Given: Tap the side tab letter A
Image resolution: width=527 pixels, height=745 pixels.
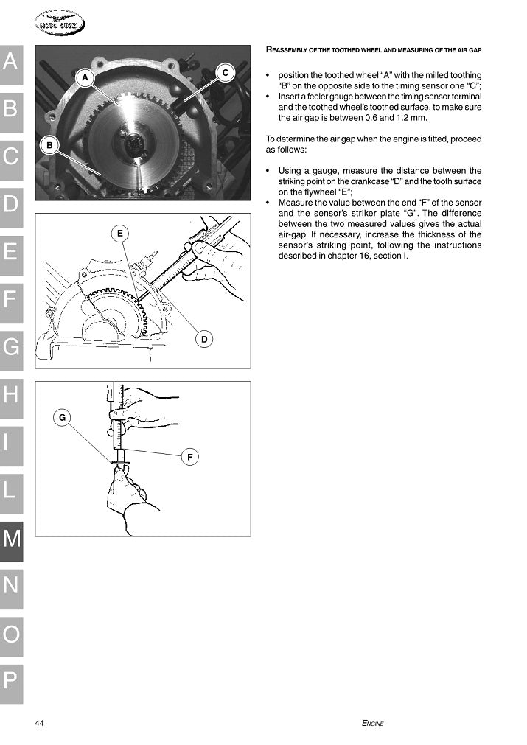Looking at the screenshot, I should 11,62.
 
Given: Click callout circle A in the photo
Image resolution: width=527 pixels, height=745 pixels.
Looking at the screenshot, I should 85,77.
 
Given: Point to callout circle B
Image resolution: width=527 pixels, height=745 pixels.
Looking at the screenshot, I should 49,145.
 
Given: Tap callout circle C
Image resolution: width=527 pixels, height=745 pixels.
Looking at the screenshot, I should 226,72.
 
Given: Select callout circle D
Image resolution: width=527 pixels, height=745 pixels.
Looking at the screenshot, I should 205,338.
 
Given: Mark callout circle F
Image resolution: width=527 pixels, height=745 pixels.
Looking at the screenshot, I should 190,458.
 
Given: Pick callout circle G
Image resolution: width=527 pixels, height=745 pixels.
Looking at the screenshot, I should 63,418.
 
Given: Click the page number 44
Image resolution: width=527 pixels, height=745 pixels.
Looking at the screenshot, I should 40,723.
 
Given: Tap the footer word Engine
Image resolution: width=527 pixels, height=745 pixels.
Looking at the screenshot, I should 373,723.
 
